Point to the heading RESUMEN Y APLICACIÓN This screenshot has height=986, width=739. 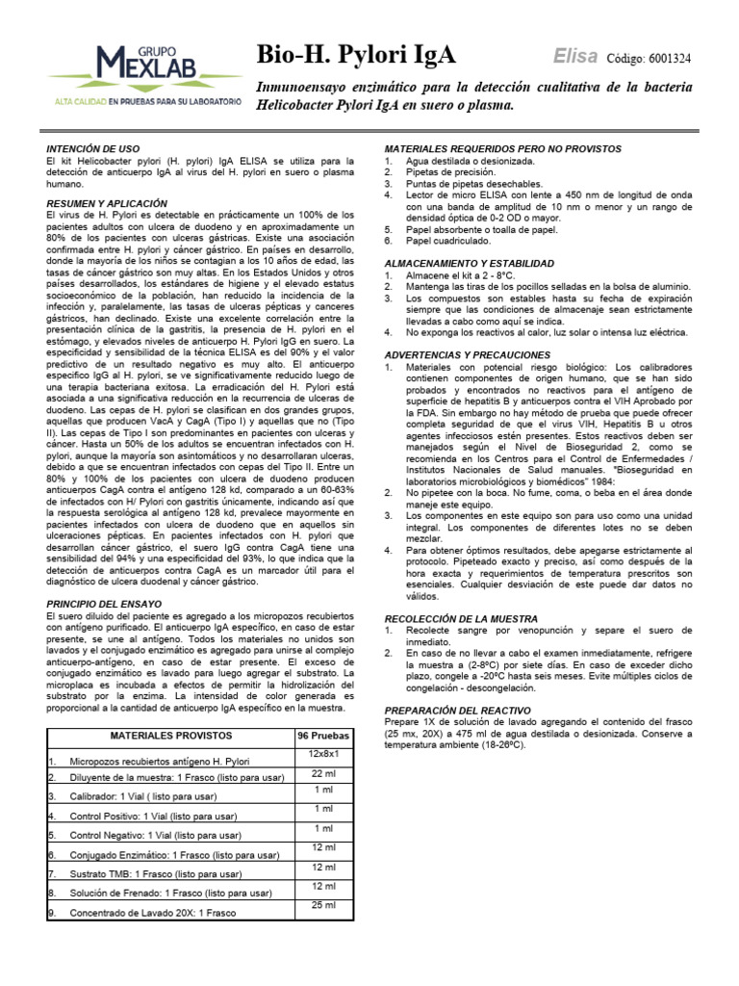[107, 204]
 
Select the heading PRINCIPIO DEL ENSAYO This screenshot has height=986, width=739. [105, 604]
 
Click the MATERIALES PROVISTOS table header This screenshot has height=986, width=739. [165, 735]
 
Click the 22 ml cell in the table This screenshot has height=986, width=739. [322, 772]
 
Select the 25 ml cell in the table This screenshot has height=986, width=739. [322, 905]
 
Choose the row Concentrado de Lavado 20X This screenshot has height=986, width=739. [154, 912]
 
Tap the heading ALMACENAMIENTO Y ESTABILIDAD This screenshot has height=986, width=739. [469, 263]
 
